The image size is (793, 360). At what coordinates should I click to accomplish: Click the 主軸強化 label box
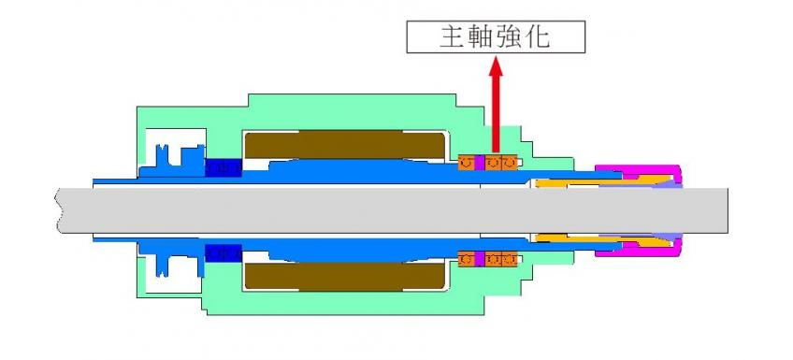coord(496,36)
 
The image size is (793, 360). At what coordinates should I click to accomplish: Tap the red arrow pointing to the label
coord(496,103)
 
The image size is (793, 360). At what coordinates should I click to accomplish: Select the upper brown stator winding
coord(343,144)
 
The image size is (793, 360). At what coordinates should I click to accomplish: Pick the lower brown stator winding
coord(343,276)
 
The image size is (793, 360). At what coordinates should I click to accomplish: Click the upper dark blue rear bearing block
coord(223,166)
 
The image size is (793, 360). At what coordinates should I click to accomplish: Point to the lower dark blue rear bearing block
coord(223,253)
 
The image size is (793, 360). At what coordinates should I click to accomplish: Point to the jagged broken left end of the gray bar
coord(61,209)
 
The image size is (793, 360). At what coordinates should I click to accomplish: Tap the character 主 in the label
coord(453,36)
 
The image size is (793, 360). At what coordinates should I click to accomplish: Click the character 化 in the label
coord(541,36)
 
